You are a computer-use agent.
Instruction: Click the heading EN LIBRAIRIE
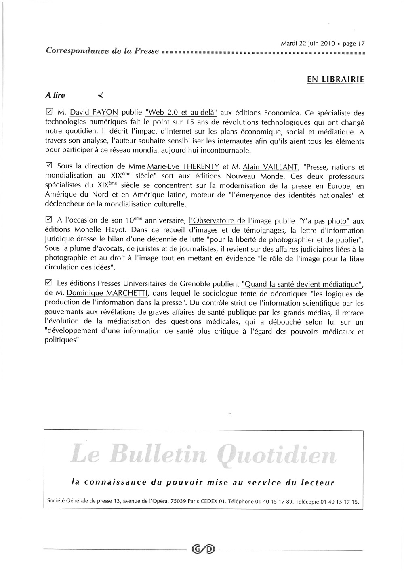pos(335,79)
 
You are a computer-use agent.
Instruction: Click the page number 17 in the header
pos(361,43)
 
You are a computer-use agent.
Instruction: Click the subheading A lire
pos(55,95)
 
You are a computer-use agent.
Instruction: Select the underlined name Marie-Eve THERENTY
pos(183,167)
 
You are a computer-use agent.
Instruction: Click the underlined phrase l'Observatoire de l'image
pos(230,221)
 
